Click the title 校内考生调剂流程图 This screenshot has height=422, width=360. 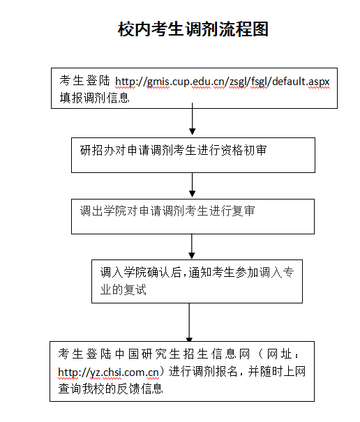[193, 29]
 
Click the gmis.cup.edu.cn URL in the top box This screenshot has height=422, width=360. [223, 82]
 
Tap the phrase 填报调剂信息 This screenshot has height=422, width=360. [94, 98]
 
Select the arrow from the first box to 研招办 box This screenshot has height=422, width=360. [193, 119]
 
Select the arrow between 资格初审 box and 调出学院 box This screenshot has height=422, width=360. [193, 185]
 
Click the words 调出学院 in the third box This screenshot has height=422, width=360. [103, 211]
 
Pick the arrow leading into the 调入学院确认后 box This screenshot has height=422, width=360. [192, 246]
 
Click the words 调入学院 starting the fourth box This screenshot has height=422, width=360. [123, 272]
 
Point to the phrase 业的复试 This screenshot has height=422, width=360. [123, 289]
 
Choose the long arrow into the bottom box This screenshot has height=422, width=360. [189, 322]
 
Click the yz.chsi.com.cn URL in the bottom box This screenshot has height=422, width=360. [109, 372]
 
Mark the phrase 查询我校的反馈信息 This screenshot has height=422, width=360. [111, 389]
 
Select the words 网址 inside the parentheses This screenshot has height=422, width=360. [279, 354]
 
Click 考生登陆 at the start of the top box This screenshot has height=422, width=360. [84, 81]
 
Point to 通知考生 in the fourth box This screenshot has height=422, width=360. [211, 272]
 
